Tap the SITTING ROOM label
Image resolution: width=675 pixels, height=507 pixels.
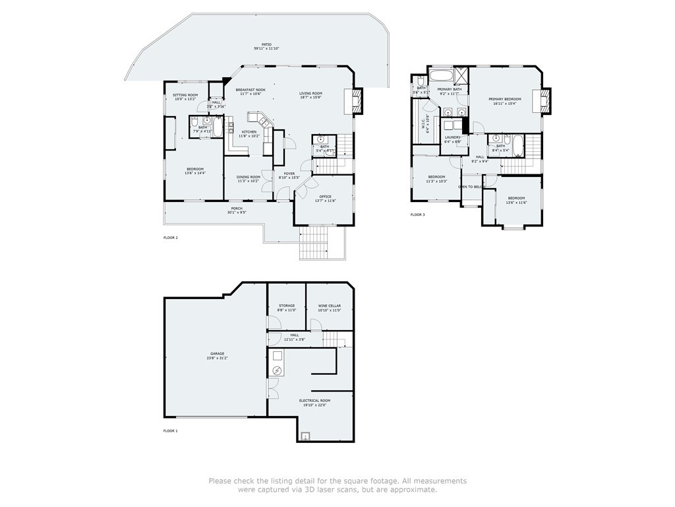pos(185,95)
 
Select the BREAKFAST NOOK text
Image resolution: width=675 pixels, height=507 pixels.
pos(250,90)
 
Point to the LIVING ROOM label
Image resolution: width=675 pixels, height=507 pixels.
pos(310,93)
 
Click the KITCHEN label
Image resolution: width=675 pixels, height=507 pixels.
pos(249,132)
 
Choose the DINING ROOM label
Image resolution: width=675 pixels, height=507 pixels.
pos(249,177)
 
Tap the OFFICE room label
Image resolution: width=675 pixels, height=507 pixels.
pos(324,196)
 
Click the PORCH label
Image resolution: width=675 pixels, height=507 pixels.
pos(237,209)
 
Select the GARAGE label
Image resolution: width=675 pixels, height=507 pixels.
pos(218,354)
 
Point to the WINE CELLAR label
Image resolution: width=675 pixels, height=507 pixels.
pos(330,306)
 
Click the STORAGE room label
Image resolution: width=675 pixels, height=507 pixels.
pos(287,306)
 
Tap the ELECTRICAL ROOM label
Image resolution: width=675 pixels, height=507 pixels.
pos(314,401)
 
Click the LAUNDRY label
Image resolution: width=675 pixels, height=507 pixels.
pos(452,137)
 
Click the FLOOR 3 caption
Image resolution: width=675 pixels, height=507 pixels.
pos(418,215)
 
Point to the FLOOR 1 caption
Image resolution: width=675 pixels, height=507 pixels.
pos(171,430)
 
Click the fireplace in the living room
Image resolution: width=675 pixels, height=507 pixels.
pos(357,101)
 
